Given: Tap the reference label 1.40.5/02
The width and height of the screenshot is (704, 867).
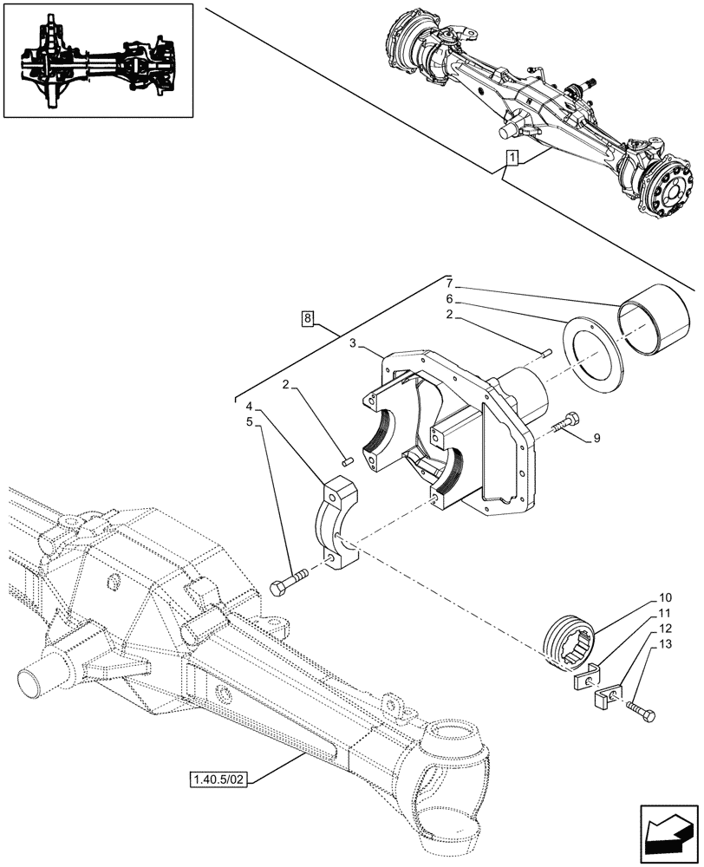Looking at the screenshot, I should tap(216, 779).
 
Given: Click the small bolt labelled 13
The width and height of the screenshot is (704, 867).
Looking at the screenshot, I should tap(642, 713).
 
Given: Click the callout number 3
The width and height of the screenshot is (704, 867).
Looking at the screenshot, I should tap(354, 344).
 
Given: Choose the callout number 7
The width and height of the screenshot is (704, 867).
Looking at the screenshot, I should tap(448, 284).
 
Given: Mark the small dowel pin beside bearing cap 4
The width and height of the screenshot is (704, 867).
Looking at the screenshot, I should tap(346, 461).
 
